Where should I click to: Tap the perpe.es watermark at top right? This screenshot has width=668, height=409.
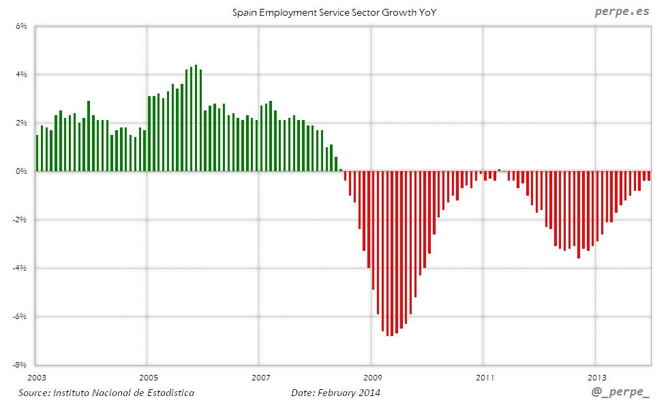pyautogui.click(x=622, y=12)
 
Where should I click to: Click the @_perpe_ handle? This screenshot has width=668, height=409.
pyautogui.click(x=620, y=393)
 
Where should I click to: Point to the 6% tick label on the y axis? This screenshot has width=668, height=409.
pyautogui.click(x=20, y=27)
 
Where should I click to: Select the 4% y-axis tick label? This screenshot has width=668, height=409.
pyautogui.click(x=20, y=75)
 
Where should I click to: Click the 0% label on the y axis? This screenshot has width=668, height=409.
pyautogui.click(x=20, y=171)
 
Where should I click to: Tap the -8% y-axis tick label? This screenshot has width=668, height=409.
pyautogui.click(x=19, y=365)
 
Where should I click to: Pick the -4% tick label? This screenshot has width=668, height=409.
pyautogui.click(x=19, y=268)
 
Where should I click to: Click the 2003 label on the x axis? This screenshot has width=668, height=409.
pyautogui.click(x=36, y=377)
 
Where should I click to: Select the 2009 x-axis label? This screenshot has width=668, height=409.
pyautogui.click(x=371, y=377)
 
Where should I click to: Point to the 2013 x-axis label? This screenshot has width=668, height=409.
pyautogui.click(x=596, y=377)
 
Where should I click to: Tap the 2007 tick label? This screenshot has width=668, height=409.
pyautogui.click(x=260, y=377)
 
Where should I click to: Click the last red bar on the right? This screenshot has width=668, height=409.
pyautogui.click(x=649, y=176)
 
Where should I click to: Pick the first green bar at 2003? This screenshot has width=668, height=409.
pyautogui.click(x=37, y=153)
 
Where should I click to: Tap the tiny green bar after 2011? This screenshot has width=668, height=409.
pyautogui.click(x=499, y=170)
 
